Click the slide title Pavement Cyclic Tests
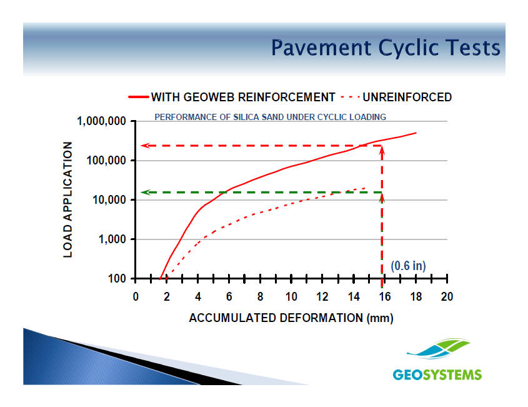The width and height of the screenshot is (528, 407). point(386,48)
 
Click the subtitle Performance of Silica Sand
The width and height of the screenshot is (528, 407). point(271,117)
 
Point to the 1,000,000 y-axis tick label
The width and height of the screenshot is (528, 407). point(101,121)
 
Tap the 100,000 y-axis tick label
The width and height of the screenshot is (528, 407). point(106,161)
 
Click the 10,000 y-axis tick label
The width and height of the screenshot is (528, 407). point(109,200)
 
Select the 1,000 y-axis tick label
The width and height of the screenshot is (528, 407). point(112,239)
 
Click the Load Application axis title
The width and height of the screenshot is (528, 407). point(67,200)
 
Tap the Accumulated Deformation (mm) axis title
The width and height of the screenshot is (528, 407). point(291,318)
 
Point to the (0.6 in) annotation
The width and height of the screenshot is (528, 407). point(408,266)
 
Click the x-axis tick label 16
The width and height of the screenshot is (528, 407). point(385,297)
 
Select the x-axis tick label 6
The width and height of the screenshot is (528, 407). point(229,297)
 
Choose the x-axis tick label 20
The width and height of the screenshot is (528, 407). point(447,297)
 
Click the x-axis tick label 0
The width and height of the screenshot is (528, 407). point(136,297)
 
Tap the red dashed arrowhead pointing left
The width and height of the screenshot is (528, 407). point(145,146)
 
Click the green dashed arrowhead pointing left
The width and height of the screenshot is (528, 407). point(145,193)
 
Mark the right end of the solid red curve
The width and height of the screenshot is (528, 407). point(416,133)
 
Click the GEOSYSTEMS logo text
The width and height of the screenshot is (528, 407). point(437,374)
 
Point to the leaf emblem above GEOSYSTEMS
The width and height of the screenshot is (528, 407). point(439,349)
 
